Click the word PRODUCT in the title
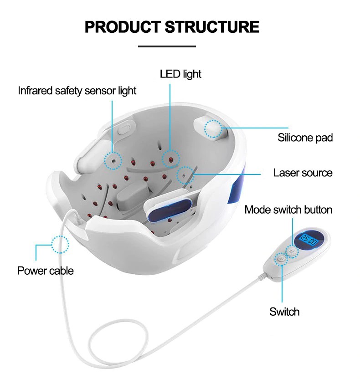pyautogui.click(x=122, y=27)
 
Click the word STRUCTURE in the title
pyautogui.click(x=212, y=27)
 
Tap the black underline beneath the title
pyautogui.click(x=166, y=46)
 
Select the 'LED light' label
pyautogui.click(x=180, y=74)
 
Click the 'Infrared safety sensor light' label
pyautogui.click(x=77, y=91)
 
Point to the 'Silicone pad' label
pyautogui.click(x=305, y=138)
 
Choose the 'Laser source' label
pyautogui.click(x=303, y=173)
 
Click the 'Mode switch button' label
pyautogui.click(x=288, y=210)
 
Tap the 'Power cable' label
pyautogui.click(x=45, y=271)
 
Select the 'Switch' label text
pyautogui.click(x=284, y=312)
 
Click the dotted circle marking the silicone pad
pyautogui.click(x=213, y=128)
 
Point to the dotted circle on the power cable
pyautogui.click(x=60, y=245)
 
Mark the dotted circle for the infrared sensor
pyautogui.click(x=113, y=160)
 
